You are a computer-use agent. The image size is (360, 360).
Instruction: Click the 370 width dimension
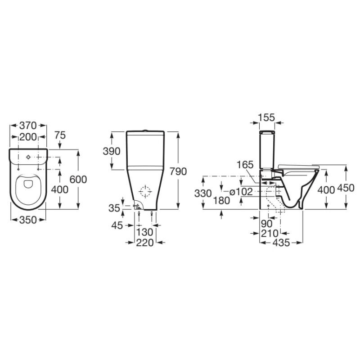[x=28, y=126]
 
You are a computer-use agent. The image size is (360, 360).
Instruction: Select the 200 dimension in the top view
[x=28, y=137]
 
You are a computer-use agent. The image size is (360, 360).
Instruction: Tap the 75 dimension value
[x=60, y=135]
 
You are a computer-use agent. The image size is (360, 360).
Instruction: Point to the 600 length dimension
[x=78, y=179]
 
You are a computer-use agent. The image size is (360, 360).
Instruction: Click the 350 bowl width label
[x=28, y=220]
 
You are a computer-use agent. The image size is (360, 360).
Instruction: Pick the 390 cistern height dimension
[x=112, y=151]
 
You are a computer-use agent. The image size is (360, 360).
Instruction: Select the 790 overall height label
[x=178, y=171]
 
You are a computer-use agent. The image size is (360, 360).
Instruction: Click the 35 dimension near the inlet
[x=114, y=208]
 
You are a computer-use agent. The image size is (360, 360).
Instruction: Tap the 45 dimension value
[x=117, y=225]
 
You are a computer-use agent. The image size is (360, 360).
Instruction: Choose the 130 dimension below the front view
[x=145, y=232]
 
